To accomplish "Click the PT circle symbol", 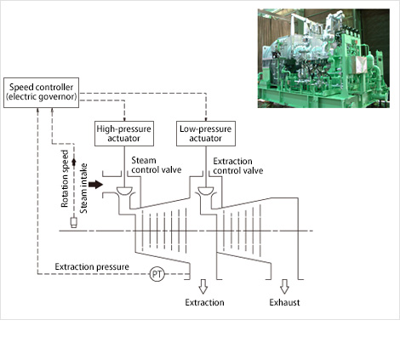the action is pyautogui.click(x=157, y=274).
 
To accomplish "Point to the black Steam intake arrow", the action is pyautogui.click(x=95, y=185).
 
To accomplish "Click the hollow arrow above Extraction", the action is pyautogui.click(x=203, y=286).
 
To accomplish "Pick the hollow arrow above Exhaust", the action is pyautogui.click(x=284, y=286).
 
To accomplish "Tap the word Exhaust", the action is pyautogui.click(x=284, y=302).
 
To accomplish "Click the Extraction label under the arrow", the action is pyautogui.click(x=204, y=302).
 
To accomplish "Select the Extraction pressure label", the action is pyautogui.click(x=92, y=267).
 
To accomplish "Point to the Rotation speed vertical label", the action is pyautogui.click(x=65, y=179).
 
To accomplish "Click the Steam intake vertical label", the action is pyautogui.click(x=83, y=188).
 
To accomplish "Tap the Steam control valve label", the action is pyautogui.click(x=157, y=165).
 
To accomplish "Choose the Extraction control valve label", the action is pyautogui.click(x=238, y=166).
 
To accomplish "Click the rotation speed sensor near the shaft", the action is pyautogui.click(x=74, y=223).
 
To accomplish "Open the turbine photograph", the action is pyautogui.click(x=323, y=58).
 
